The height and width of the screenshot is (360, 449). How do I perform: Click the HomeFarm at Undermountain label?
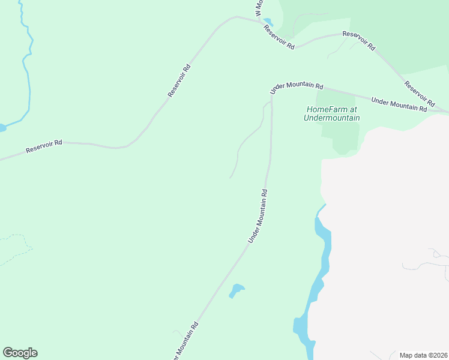tap(332, 113)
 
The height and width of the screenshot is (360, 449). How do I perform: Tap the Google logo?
tap(20, 353)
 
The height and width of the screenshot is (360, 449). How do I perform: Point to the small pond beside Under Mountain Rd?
tap(237, 290)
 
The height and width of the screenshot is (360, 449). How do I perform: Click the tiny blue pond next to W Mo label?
tap(268, 22)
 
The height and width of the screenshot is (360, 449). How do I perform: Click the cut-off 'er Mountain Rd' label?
tap(186, 342)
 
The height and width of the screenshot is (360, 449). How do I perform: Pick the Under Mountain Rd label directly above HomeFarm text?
tap(297, 88)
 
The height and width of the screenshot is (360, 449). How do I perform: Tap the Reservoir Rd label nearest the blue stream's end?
tap(44, 147)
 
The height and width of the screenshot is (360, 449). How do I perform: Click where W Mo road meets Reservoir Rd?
tap(260, 22)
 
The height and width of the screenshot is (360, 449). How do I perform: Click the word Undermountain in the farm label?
tap(332, 118)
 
